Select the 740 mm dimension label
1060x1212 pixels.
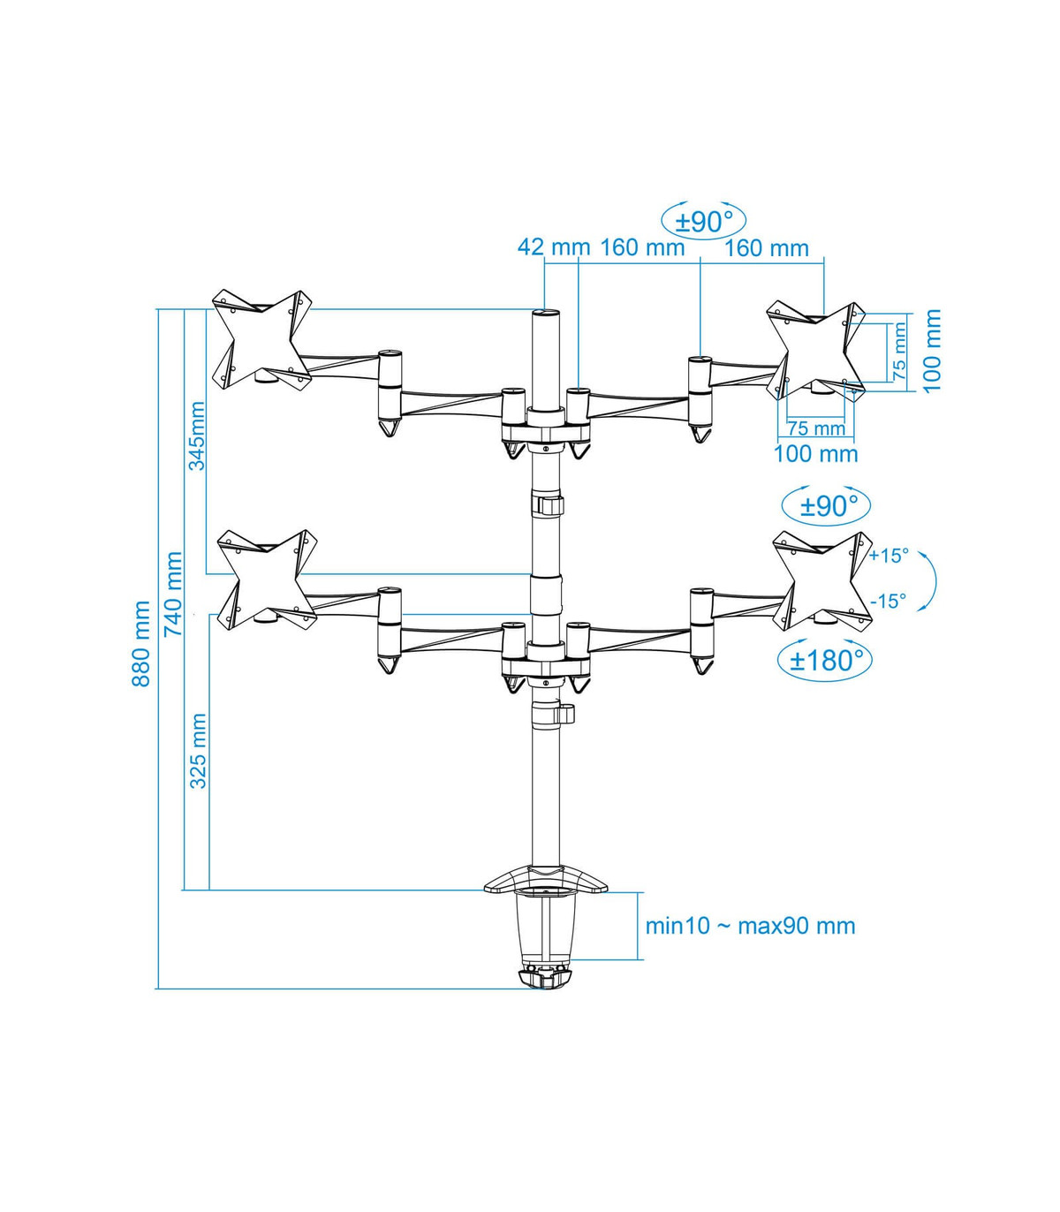[173, 595]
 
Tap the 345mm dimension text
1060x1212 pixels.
[197, 436]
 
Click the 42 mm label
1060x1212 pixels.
[554, 246]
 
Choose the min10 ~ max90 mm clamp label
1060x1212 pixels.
[750, 925]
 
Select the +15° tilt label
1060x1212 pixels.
[889, 556]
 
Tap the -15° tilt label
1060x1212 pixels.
[889, 602]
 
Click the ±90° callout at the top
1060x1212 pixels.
[703, 222]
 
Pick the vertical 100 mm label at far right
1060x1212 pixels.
[932, 351]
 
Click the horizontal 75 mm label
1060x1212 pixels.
[816, 428]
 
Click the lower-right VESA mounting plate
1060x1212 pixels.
[823, 579]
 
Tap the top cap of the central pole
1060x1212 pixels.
[545, 312]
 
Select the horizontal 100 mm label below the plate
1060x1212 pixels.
[816, 455]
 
